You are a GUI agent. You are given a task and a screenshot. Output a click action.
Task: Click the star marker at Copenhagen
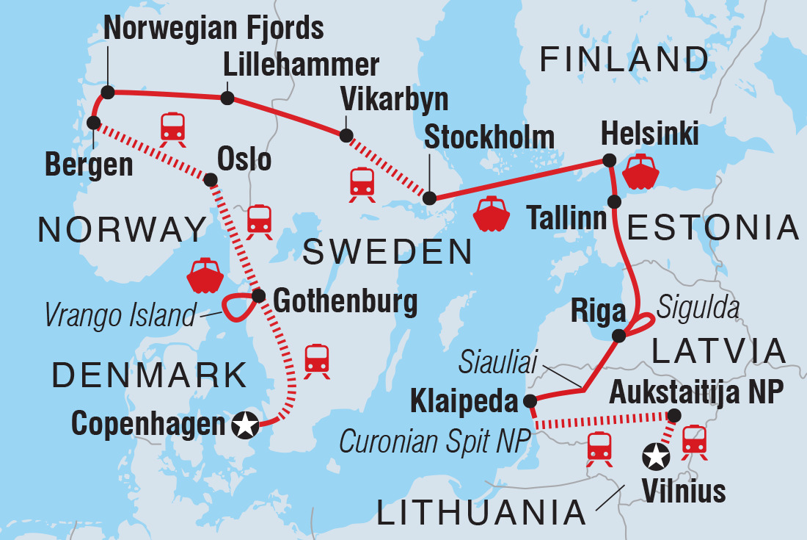(245, 424)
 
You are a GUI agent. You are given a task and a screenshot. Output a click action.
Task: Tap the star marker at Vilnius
(656, 457)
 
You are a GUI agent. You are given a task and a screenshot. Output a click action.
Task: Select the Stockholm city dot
(431, 198)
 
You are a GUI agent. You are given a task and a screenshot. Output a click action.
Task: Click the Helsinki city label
(649, 135)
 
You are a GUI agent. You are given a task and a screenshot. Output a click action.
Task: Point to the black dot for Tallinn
(615, 201)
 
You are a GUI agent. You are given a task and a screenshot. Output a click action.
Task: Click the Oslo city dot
(211, 179)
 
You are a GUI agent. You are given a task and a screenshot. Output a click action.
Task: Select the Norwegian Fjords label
(214, 29)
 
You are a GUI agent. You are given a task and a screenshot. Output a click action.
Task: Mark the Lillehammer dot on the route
(227, 98)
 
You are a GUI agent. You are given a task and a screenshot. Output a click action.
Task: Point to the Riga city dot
(619, 336)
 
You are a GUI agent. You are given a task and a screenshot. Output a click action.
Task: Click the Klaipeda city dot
(530, 401)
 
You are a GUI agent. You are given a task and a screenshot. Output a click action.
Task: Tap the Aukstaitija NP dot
(674, 415)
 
